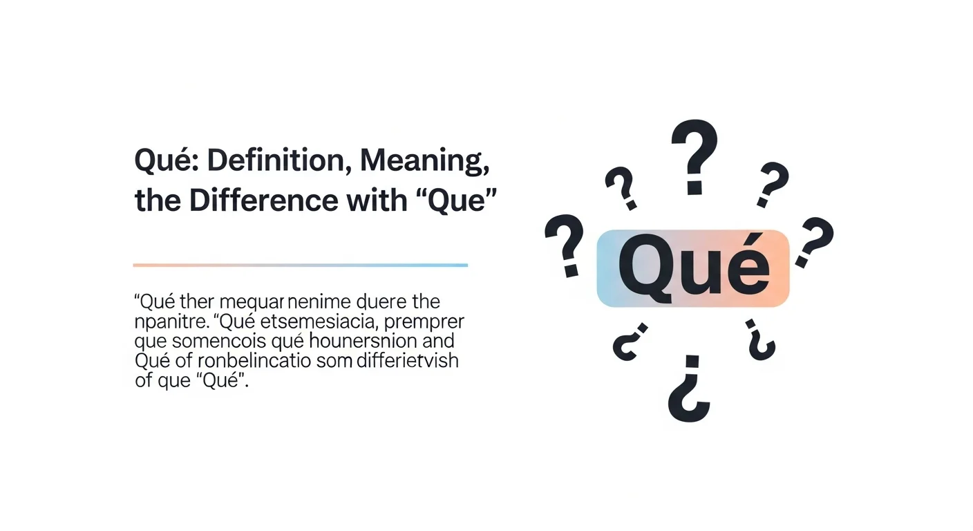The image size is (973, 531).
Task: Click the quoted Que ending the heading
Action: (456, 201)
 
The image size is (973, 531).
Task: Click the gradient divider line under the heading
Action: (300, 265)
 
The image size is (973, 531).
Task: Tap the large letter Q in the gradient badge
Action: (645, 268)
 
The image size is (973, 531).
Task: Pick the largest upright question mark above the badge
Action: (695, 156)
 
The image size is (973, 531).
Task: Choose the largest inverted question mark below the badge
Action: (690, 390)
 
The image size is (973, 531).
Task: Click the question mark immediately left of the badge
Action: (565, 244)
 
